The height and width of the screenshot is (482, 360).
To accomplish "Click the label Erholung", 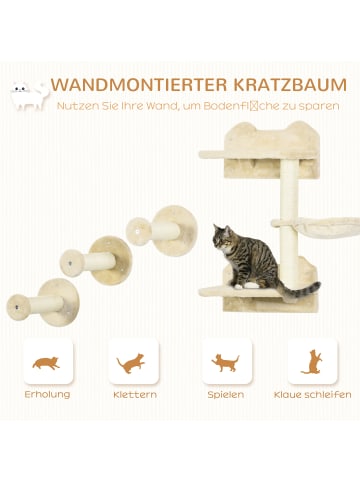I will click(x=46, y=394).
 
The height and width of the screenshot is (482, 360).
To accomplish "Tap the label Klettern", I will click(x=134, y=394).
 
